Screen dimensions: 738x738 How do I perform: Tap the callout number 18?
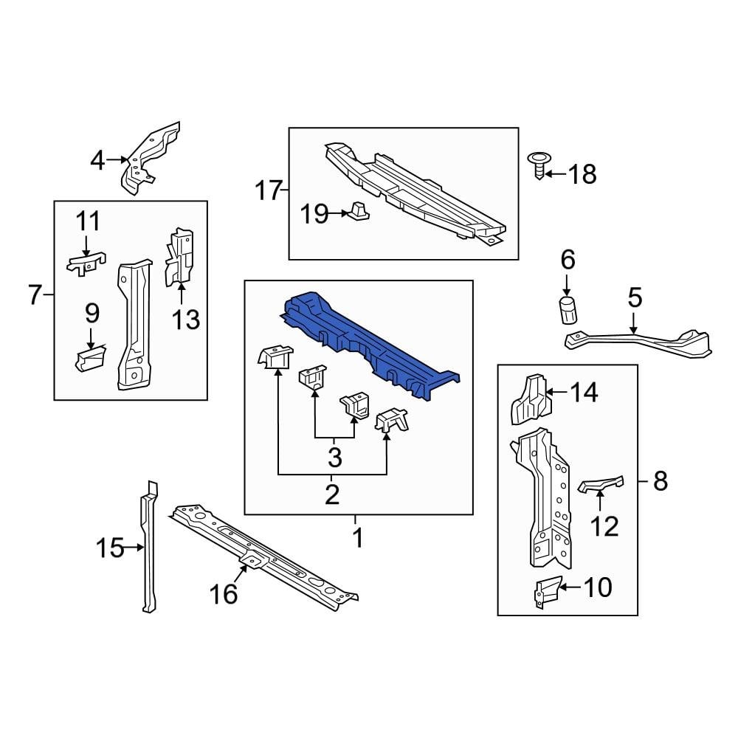point(582,175)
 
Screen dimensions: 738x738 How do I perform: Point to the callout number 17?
point(269,191)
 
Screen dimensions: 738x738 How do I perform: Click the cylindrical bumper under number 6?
point(567,311)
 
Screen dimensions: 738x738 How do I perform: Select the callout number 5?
point(635,299)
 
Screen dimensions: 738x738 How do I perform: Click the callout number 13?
point(187,320)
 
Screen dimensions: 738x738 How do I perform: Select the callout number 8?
point(660,482)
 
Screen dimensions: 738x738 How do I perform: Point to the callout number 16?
point(224,593)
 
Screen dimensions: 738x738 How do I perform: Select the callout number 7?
point(35,295)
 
